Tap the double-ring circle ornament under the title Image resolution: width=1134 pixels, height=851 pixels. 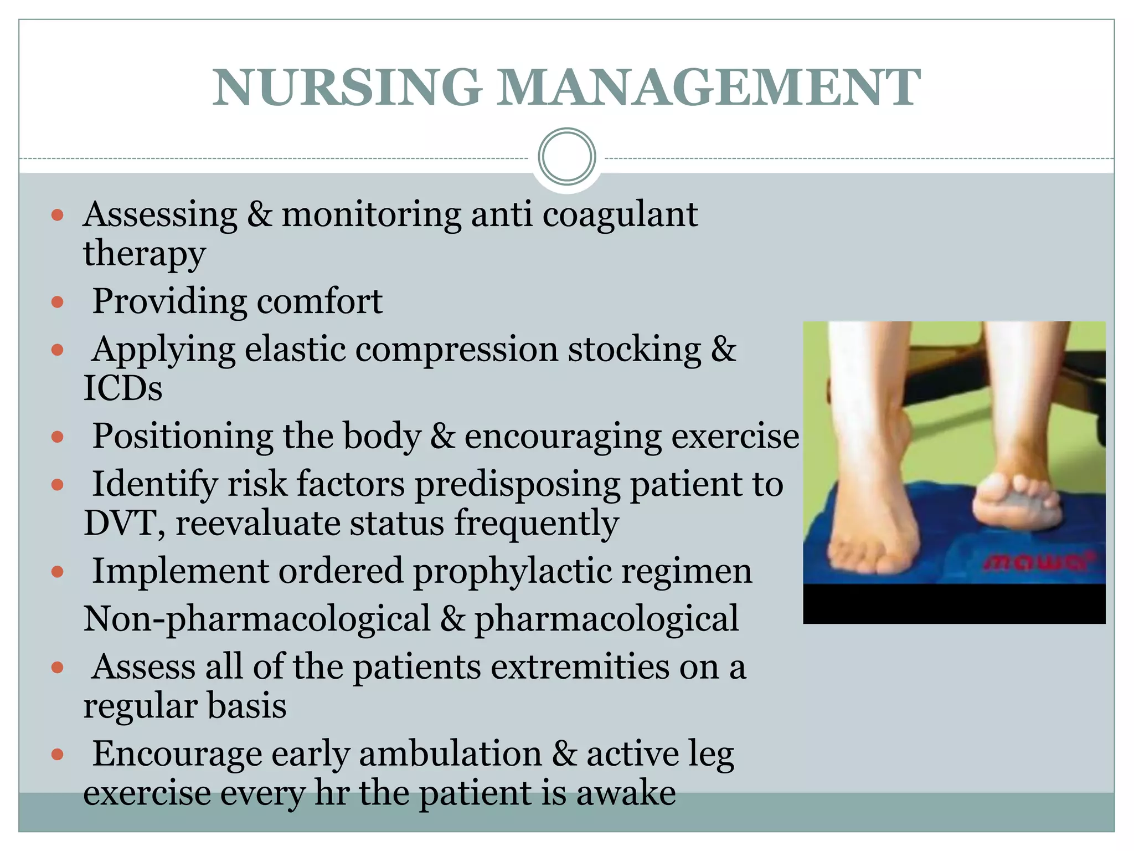point(566,157)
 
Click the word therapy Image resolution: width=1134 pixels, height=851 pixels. point(145,254)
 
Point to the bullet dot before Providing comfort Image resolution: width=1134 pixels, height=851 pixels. point(58,302)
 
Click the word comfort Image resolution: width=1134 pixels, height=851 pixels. point(319,302)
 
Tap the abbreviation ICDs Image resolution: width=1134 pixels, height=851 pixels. point(123,388)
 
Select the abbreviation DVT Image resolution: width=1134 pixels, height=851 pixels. point(120,523)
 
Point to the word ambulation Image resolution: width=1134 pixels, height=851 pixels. point(450,754)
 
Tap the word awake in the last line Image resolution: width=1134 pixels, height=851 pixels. point(626,793)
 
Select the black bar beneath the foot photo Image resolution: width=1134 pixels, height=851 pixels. point(953,604)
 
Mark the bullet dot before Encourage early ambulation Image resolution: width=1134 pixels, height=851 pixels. point(58,754)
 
